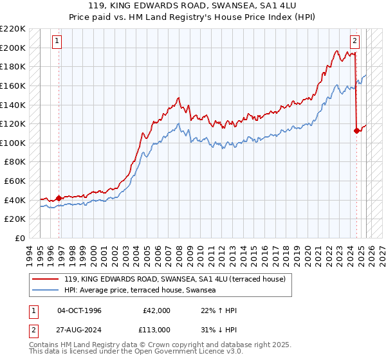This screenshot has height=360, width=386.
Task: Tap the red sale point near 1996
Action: coord(59,198)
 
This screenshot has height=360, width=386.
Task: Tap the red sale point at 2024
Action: coord(357,130)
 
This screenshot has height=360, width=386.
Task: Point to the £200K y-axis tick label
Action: coord(14,48)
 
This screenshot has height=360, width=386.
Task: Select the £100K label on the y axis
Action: coord(14,143)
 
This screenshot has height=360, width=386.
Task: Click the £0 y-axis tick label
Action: coord(19,238)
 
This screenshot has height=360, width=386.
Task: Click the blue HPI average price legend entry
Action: coord(140,291)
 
